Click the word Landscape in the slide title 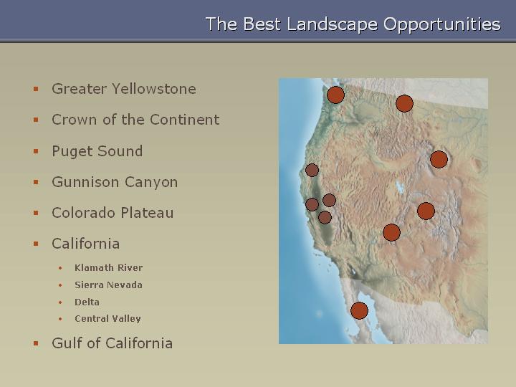(x=332, y=24)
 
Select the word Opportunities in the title (x=442, y=24)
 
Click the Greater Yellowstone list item (x=124, y=89)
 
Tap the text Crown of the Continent (x=135, y=120)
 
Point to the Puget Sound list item (x=97, y=151)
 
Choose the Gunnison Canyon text (x=115, y=182)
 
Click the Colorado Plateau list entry (x=113, y=213)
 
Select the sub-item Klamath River (x=109, y=267)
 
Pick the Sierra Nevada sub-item (x=108, y=285)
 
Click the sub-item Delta (x=87, y=302)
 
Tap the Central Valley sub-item (x=107, y=318)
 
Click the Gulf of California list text (x=112, y=343)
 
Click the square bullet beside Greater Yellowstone (x=36, y=89)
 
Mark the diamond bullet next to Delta (x=60, y=302)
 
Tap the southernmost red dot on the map (x=359, y=310)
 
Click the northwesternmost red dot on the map (x=335, y=95)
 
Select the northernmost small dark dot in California (x=312, y=170)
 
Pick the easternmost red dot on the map (x=439, y=160)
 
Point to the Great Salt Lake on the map (x=400, y=188)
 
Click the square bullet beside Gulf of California (x=36, y=343)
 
